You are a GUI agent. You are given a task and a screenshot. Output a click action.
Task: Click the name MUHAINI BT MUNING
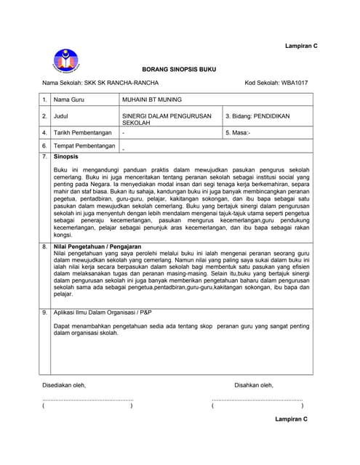click(152, 99)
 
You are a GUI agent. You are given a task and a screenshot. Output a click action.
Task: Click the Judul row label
click(63, 116)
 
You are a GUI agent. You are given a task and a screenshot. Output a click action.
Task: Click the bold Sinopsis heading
click(66, 157)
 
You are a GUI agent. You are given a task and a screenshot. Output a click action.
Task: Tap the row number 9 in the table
click(44, 312)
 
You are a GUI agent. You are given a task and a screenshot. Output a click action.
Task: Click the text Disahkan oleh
click(254, 385)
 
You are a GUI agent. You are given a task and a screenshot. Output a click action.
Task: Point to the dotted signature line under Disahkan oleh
click(257, 400)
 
